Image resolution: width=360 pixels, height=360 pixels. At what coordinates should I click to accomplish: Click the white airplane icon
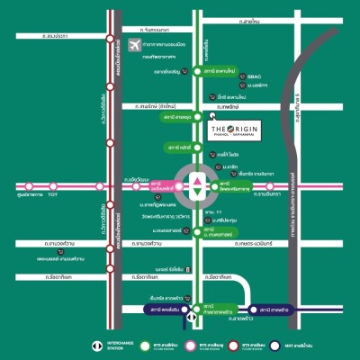coord(134,45)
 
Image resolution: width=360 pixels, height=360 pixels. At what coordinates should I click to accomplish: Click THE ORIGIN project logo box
coord(240,130)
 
